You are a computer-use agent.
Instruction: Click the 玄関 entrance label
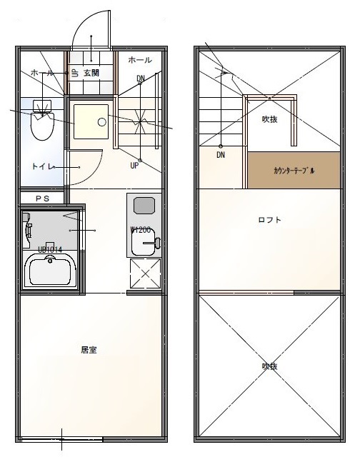(91, 73)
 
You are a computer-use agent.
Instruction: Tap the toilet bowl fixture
(43, 124)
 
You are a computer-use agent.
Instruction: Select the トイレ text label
(41, 166)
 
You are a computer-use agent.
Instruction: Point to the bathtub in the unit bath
(51, 271)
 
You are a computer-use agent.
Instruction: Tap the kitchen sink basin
(142, 206)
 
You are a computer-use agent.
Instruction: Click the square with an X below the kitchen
(145, 273)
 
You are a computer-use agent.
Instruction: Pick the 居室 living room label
(89, 350)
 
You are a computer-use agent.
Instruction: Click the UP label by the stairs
(134, 166)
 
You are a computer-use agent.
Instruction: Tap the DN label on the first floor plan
(141, 78)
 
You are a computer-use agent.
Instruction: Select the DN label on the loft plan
(221, 154)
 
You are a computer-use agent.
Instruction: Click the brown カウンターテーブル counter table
(294, 171)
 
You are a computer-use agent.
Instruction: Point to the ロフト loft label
(269, 220)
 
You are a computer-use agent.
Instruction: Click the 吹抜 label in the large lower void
(269, 366)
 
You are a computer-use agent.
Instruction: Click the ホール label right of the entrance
(140, 61)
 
